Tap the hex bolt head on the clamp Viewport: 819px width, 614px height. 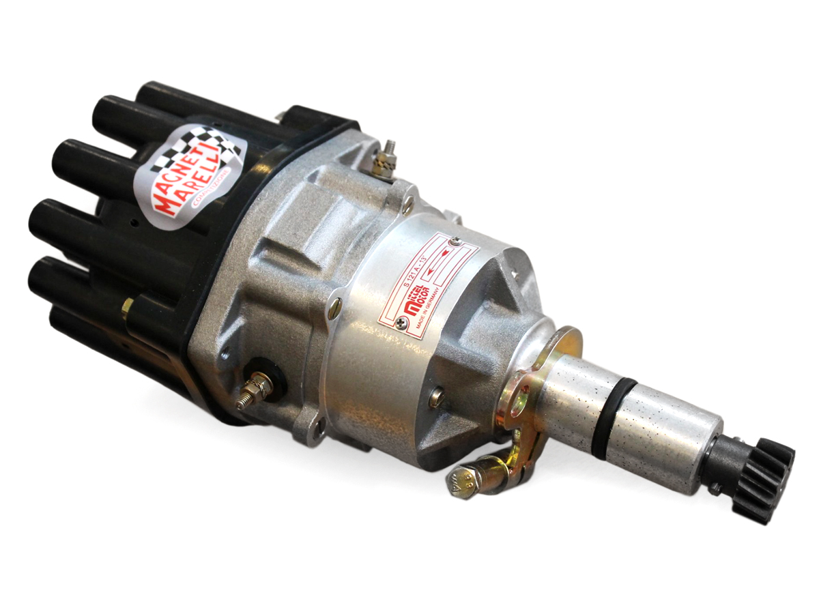coord(463,481)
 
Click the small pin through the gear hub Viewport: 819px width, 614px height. coord(715,486)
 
